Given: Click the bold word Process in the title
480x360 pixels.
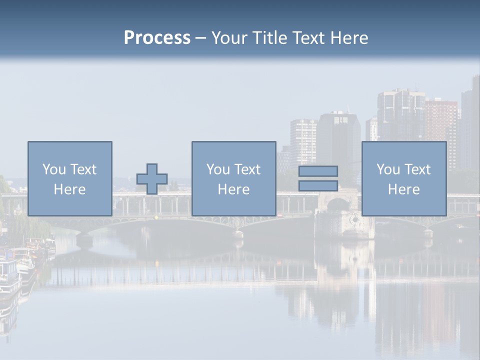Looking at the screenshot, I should click(x=157, y=38).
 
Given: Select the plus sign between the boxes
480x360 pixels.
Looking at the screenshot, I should click(x=152, y=179).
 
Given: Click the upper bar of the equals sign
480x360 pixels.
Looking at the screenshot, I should click(x=318, y=171).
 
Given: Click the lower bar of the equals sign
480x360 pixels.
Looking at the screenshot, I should click(x=318, y=186).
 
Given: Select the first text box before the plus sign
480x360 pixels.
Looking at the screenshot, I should click(x=70, y=178).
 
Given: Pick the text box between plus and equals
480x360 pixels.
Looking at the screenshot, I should click(x=233, y=178).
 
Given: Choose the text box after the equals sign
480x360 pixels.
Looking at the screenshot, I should click(x=404, y=178).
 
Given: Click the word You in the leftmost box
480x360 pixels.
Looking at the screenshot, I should click(x=53, y=169).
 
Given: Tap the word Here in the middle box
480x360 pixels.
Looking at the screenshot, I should click(x=233, y=189).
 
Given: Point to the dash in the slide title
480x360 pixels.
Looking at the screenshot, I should click(x=201, y=38).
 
